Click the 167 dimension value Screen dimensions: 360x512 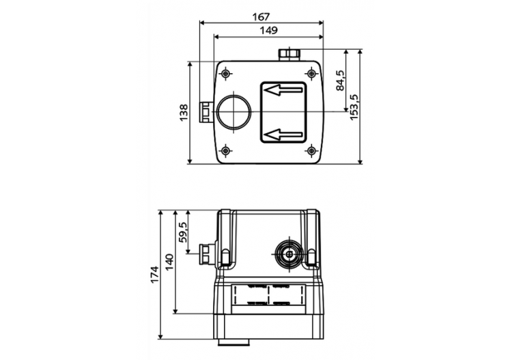pos(261,15)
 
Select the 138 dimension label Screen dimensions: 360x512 pos(184,113)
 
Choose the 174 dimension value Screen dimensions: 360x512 pos(154,273)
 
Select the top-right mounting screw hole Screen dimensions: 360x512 pos(311,73)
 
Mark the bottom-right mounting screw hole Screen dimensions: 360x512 pos(311,150)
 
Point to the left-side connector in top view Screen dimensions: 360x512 pos(205,112)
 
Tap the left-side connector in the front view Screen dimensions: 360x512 pos(205,253)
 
